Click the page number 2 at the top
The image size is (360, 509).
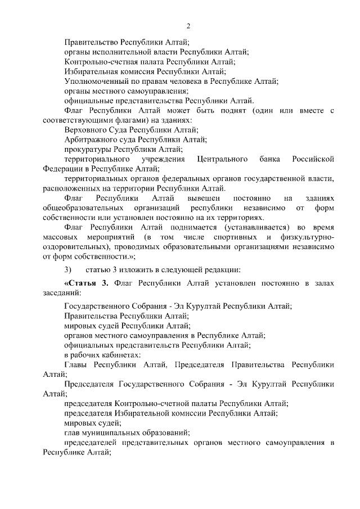pos(189,26)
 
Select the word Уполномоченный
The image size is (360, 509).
pos(93,81)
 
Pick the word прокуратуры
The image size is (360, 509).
pos(88,150)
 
